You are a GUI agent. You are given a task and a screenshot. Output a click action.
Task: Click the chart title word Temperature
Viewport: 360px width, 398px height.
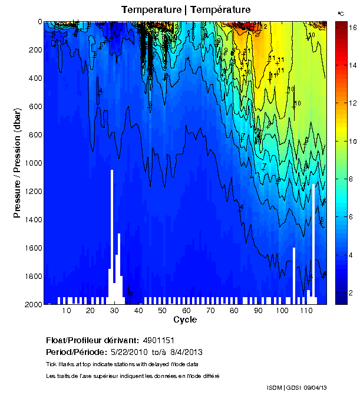pyautogui.click(x=149, y=9)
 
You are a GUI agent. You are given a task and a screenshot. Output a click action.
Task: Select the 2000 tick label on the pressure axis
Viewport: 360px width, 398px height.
pyautogui.click(x=31, y=304)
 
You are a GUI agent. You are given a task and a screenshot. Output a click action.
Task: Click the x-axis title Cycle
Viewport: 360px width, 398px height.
pyautogui.click(x=185, y=320)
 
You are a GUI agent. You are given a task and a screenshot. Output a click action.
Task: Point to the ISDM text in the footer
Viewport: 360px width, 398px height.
pyautogui.click(x=275, y=387)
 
